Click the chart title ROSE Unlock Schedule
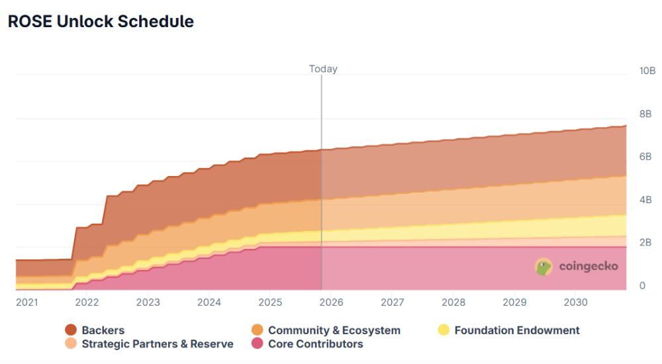[101, 21]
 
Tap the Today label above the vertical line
[323, 69]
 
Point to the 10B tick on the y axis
[647, 71]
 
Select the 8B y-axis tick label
[645, 114]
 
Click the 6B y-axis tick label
[645, 157]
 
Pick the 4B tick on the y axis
[645, 200]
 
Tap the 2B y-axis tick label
[645, 242]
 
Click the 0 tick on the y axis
[641, 286]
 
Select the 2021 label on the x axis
[26, 302]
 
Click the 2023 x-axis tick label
[148, 302]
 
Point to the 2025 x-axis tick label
[270, 302]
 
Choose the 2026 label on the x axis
[332, 302]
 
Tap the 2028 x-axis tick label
[453, 302]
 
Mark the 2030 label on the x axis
[575, 302]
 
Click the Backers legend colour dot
[71, 330]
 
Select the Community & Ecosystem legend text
[334, 330]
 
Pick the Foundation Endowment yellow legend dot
[444, 330]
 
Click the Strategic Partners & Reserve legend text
[158, 344]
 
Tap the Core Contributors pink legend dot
[258, 344]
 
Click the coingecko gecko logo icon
[544, 267]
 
